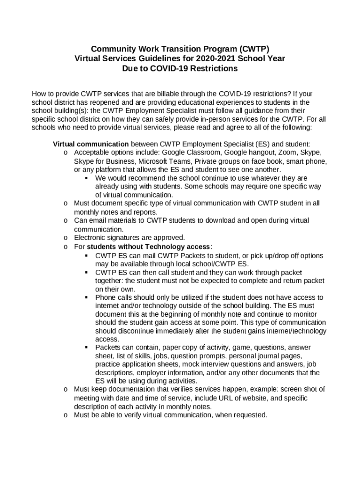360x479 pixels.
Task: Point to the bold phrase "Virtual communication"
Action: coord(91,144)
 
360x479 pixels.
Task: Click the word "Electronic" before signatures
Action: coord(91,238)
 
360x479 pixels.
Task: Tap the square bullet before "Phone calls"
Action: coord(86,298)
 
